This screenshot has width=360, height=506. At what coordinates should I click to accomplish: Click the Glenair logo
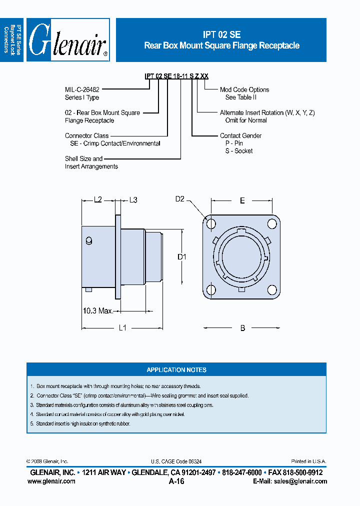point(68,40)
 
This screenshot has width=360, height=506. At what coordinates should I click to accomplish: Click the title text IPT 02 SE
point(221,35)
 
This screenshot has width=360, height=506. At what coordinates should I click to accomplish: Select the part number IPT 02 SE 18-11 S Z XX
point(176,76)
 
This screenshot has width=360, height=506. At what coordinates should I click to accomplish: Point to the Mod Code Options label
point(244,89)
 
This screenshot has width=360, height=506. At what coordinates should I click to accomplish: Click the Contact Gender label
point(240,135)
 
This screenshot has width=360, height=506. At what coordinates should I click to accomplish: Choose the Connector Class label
point(86,135)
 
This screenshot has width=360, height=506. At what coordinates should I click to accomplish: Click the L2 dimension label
point(98,200)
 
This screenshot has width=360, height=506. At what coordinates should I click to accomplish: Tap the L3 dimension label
point(133,200)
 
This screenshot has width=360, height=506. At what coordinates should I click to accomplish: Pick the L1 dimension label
point(122,328)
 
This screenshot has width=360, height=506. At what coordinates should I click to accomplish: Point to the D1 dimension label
point(182,257)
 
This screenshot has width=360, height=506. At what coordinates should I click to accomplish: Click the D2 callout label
point(180,199)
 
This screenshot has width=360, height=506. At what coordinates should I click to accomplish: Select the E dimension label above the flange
point(242,200)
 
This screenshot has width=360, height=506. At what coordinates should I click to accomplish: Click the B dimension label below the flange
point(242,328)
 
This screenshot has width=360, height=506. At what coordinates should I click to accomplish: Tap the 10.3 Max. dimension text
point(97,311)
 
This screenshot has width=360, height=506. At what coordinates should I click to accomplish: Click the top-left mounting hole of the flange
point(211,223)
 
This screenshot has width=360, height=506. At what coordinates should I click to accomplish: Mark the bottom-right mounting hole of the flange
point(272,289)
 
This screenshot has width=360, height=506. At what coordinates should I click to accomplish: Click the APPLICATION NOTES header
point(176,370)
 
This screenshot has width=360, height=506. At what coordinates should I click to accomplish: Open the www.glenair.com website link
point(51,481)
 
